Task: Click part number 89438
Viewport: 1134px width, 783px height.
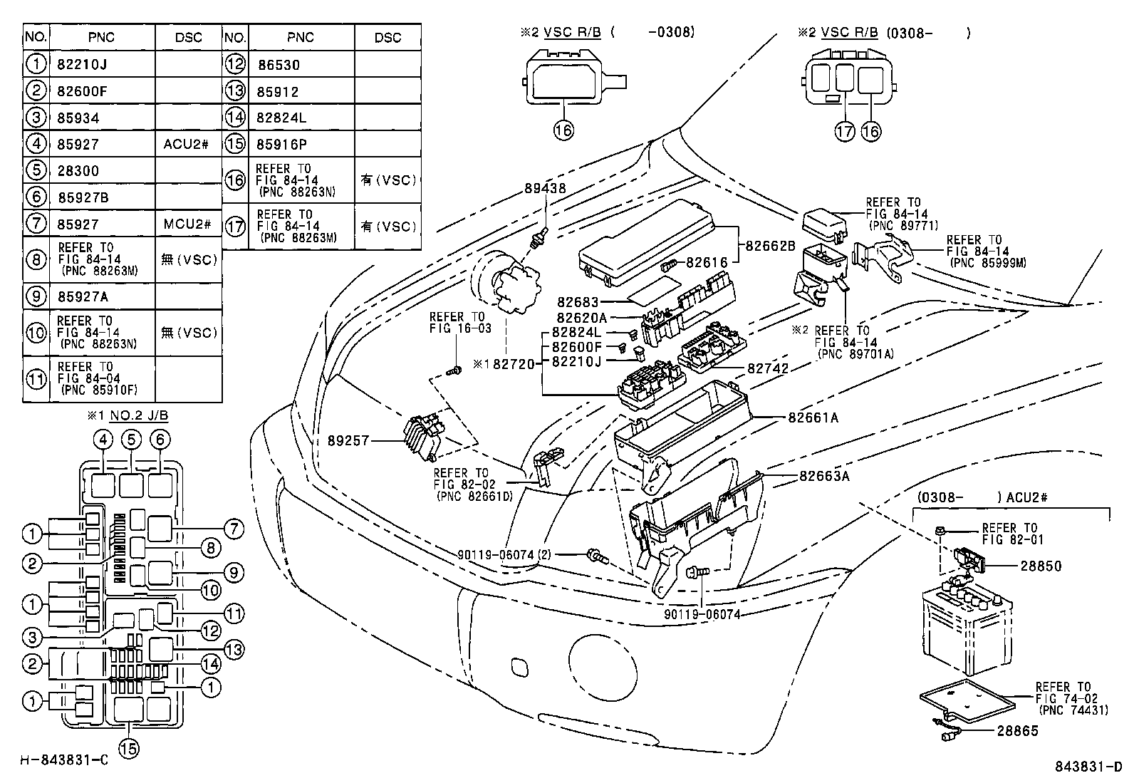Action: point(545,189)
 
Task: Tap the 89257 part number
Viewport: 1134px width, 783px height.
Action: point(349,441)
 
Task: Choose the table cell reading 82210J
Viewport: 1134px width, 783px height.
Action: point(81,65)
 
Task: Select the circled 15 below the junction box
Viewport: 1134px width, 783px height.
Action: point(130,748)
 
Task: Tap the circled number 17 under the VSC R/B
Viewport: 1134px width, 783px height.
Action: point(845,130)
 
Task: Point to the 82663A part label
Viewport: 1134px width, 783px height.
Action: point(824,476)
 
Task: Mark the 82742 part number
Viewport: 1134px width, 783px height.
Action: point(768,368)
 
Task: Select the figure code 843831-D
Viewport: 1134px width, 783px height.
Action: point(1088,767)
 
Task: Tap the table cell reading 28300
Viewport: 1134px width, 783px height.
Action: point(78,171)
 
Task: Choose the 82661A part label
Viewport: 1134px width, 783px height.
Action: point(813,418)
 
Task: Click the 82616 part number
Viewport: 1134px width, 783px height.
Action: point(707,263)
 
